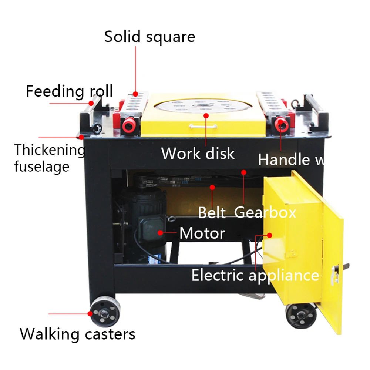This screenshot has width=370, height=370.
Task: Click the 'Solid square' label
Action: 149,37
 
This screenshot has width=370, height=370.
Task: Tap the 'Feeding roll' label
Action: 69,91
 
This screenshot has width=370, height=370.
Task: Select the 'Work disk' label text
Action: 198,153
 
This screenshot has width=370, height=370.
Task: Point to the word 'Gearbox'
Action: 265,212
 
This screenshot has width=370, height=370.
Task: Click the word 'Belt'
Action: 212,213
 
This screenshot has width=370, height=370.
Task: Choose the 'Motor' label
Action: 202,233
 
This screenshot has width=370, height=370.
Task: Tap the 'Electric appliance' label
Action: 255,275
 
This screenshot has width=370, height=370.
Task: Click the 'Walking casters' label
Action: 77,334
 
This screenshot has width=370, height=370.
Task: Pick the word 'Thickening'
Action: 50,150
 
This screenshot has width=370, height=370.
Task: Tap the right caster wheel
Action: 302,315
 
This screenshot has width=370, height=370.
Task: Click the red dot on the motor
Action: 160,233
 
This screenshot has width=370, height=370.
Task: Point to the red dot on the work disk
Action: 206,116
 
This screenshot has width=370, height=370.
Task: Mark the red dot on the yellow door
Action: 269,235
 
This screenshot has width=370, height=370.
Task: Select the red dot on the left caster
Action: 90,314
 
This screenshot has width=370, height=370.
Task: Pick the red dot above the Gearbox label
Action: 243,172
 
